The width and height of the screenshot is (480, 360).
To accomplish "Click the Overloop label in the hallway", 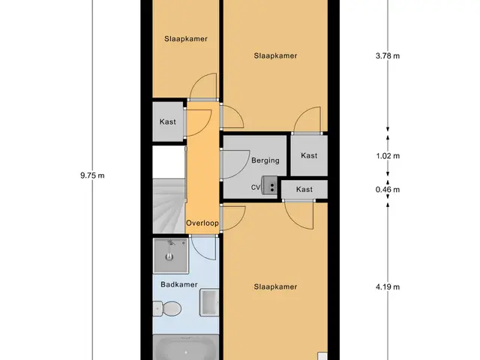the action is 202,223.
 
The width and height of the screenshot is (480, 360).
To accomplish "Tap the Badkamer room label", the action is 179,284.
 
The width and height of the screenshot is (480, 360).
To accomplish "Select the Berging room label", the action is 265,160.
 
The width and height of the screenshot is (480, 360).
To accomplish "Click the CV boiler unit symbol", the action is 269,185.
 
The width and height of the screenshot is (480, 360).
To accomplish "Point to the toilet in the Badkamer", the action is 167,308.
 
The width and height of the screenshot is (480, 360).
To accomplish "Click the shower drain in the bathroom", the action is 169,256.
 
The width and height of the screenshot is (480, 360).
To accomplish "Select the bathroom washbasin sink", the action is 209,302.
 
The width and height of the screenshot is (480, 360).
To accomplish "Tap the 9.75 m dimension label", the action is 92,175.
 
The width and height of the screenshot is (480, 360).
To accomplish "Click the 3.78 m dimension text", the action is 388,55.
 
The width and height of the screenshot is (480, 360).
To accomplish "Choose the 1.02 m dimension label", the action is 388,156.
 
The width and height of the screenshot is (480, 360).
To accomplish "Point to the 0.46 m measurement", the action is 388,190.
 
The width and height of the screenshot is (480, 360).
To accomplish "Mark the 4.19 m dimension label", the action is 388,286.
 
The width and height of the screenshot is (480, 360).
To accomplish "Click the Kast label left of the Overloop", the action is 168,121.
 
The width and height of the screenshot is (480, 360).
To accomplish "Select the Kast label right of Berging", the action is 309,155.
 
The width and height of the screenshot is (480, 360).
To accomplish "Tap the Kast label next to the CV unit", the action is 304,189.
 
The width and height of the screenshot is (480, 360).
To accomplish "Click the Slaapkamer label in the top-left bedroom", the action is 186,38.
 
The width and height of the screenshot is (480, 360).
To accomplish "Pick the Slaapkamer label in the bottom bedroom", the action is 275,286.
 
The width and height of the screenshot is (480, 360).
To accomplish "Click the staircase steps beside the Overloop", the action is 169,206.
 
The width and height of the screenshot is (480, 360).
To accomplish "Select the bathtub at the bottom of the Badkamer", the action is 186,347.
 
